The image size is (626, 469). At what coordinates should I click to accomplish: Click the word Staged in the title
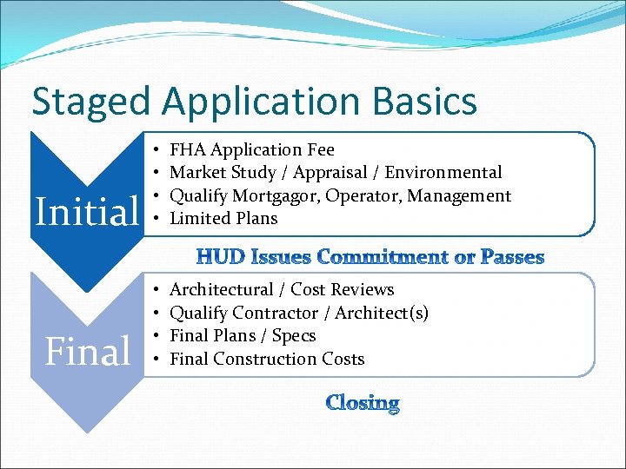tap(91, 102)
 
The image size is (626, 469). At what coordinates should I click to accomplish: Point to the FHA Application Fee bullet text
tap(251, 150)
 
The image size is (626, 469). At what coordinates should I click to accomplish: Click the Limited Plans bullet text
tap(223, 218)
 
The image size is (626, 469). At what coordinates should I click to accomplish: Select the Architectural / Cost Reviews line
tap(282, 289)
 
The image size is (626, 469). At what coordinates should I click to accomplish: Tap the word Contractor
tap(276, 313)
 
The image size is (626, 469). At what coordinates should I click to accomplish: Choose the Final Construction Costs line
tap(267, 359)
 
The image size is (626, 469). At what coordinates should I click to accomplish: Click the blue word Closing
tap(363, 403)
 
